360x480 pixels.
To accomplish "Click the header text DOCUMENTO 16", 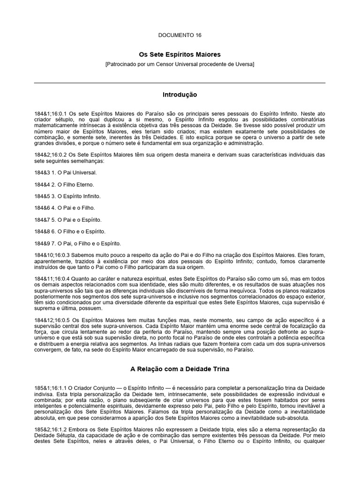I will (180, 35).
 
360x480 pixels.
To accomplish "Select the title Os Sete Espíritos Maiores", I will (180, 54).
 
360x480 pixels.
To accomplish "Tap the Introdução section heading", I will (180, 95).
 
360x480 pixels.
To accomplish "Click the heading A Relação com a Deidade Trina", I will (180, 369).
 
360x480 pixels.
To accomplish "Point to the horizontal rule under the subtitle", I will (180, 83).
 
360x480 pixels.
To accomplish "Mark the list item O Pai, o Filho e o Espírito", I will (85, 243).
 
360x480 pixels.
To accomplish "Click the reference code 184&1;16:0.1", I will (50, 114).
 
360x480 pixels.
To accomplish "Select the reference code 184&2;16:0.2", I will (50, 155).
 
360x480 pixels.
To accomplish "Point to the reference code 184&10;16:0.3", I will (52, 255).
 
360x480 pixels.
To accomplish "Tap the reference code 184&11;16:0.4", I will (52, 278).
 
